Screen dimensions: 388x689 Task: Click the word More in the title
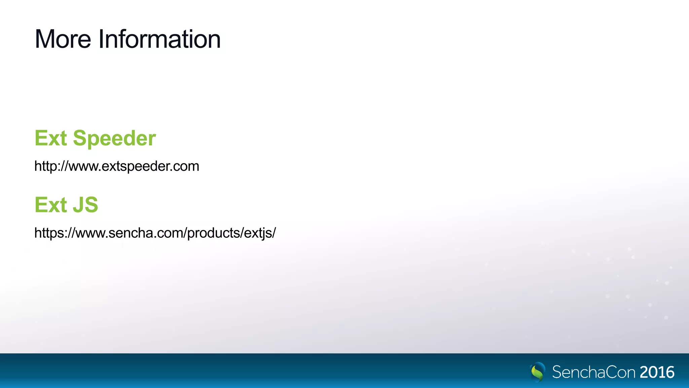(x=63, y=39)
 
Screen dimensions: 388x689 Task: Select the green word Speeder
(x=114, y=138)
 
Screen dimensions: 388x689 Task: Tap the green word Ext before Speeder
(x=51, y=138)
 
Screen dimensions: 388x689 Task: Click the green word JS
(x=85, y=205)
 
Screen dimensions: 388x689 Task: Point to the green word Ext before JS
(x=51, y=205)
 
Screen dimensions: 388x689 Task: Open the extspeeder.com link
(x=117, y=166)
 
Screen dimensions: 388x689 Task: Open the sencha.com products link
(x=155, y=233)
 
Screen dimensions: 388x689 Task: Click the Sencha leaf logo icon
(x=537, y=371)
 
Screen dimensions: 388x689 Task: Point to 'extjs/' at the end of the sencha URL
(x=260, y=233)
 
